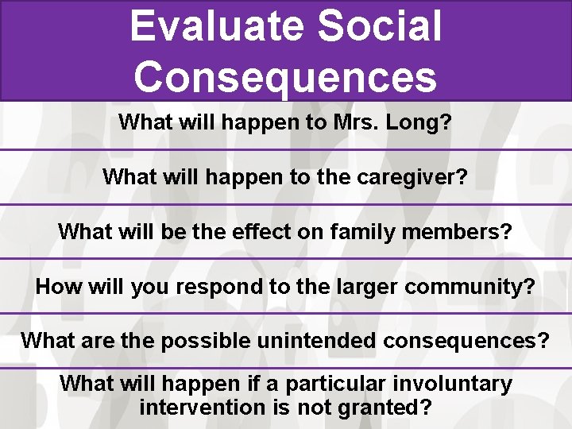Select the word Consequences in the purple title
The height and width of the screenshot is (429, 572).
(x=285, y=76)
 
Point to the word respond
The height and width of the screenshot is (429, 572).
(x=220, y=286)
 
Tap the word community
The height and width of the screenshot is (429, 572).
(x=462, y=286)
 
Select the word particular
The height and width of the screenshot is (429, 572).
(x=330, y=384)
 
